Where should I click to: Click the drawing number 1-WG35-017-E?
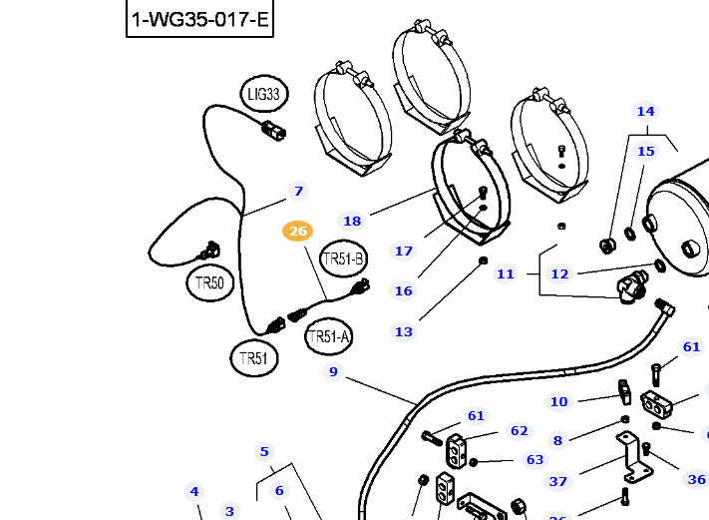200,19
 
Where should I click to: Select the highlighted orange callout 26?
297,232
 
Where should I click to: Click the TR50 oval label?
210,282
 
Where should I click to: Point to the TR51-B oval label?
343,260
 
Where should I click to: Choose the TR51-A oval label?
329,337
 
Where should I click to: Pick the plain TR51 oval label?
254,358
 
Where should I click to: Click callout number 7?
297,191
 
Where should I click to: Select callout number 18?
352,222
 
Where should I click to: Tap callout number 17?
404,252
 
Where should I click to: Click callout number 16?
403,291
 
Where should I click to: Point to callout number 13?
403,332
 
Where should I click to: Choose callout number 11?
506,273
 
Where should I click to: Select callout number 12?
559,273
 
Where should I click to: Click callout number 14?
646,111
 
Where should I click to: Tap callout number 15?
646,151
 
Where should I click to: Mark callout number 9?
333,372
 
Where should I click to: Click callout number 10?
558,402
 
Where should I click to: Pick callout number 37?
558,482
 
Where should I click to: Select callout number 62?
519,431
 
